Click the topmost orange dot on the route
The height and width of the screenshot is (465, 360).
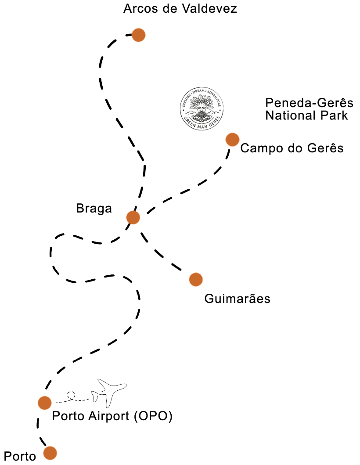click(138, 35)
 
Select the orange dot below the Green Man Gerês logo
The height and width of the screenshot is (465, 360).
click(232, 140)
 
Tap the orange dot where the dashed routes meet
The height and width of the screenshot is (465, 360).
click(133, 217)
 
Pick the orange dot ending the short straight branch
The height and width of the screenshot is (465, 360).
click(196, 279)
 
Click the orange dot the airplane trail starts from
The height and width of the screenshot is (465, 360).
click(45, 402)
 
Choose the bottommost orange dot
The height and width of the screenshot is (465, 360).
click(50, 453)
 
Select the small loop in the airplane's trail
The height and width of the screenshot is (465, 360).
click(72, 396)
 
